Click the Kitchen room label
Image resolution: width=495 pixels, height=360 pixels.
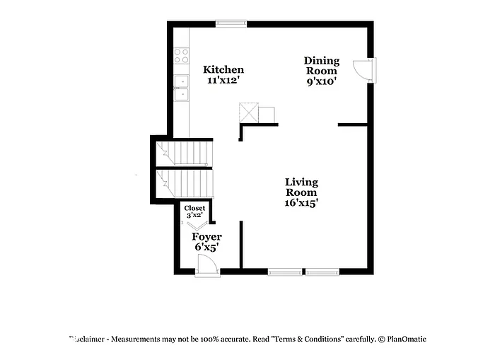click(223, 69)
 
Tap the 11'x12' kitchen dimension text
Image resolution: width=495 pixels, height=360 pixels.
click(223, 81)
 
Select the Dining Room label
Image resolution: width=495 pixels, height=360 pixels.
click(322, 65)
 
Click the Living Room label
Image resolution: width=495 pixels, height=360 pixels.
click(301, 187)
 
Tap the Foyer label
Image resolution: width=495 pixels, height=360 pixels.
click(207, 237)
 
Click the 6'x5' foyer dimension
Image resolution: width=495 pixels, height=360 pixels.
click(206, 248)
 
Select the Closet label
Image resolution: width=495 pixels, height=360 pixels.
click(194, 208)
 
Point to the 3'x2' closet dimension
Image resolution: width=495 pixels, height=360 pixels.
click(194, 215)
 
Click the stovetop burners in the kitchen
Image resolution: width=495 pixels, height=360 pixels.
click(182, 55)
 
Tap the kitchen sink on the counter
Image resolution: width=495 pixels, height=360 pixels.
click(182, 88)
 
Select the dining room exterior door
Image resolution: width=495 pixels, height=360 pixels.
click(366, 70)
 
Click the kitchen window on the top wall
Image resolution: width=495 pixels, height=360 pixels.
click(231, 24)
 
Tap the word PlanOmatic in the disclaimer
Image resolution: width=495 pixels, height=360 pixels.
click(405, 339)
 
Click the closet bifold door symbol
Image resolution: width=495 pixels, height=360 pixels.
click(197, 223)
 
